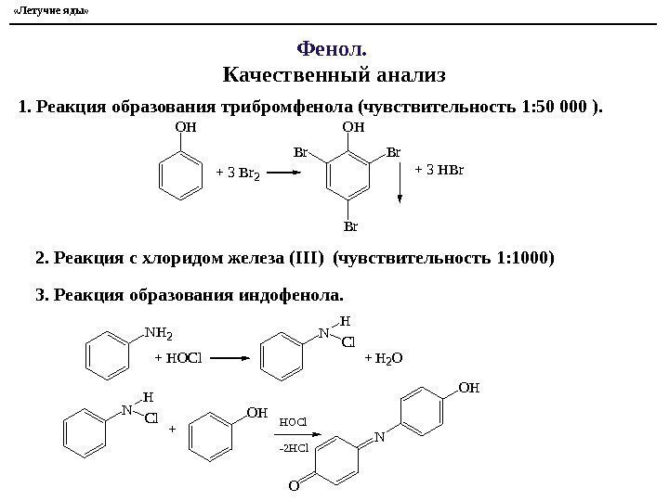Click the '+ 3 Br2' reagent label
pyautogui.click(x=236, y=172)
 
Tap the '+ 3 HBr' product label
pyautogui.click(x=439, y=170)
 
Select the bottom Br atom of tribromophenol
pyautogui.click(x=350, y=225)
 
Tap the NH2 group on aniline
pyautogui.click(x=160, y=330)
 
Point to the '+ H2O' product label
pyautogui.click(x=383, y=357)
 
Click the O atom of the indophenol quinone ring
pyautogui.click(x=293, y=483)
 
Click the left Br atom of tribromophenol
pyautogui.click(x=300, y=151)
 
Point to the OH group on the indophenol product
pyautogui.click(x=470, y=392)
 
